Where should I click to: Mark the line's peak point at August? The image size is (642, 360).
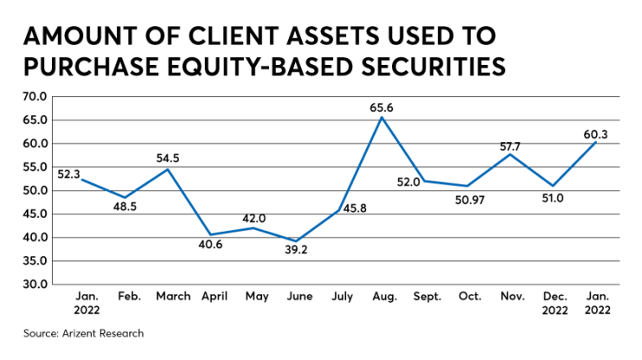click(383, 117)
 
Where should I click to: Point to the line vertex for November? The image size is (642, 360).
click(513, 154)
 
